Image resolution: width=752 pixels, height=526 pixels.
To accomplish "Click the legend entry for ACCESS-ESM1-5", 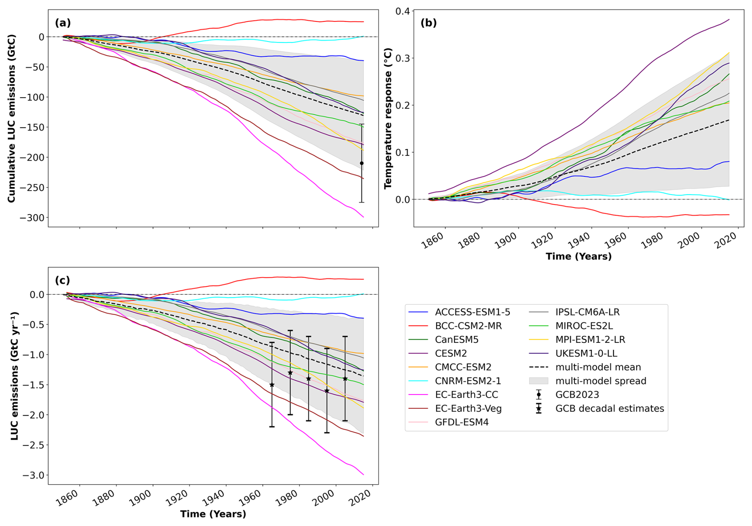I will (x=472, y=312).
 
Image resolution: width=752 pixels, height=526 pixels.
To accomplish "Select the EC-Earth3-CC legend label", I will (x=466, y=394).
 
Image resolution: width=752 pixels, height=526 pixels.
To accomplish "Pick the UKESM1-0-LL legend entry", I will (x=586, y=353).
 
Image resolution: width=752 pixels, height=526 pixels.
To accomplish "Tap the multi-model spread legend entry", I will (x=601, y=381).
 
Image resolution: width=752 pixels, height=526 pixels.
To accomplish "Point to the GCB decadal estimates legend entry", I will (x=609, y=408).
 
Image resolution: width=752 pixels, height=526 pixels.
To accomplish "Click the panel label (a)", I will (x=63, y=23).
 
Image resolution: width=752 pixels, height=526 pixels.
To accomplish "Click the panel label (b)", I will (x=428, y=23).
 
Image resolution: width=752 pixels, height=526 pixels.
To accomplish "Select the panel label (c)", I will (x=62, y=280).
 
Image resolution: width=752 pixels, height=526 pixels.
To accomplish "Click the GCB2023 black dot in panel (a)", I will (x=362, y=163).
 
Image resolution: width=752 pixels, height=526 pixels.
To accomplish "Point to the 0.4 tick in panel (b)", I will (x=402, y=11).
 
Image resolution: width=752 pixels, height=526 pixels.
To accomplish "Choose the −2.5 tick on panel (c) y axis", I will (x=33, y=445).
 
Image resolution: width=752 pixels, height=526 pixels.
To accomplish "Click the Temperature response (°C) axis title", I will (x=388, y=118).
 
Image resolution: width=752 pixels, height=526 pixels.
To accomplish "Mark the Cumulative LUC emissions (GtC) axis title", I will (x=12, y=118).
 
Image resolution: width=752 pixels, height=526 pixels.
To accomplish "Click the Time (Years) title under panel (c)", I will (x=213, y=514).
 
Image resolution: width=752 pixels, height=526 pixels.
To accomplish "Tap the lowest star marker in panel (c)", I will (x=327, y=391).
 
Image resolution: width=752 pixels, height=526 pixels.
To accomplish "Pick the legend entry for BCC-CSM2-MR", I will (x=468, y=326).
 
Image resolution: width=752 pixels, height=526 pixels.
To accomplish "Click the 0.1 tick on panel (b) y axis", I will (x=402, y=153).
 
